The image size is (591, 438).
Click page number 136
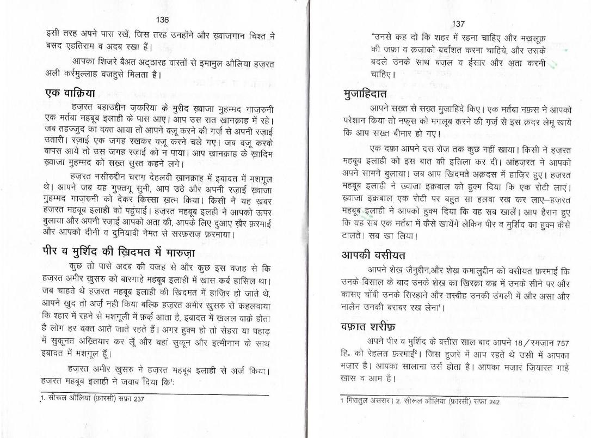point(162,20)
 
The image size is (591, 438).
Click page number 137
point(458,23)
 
